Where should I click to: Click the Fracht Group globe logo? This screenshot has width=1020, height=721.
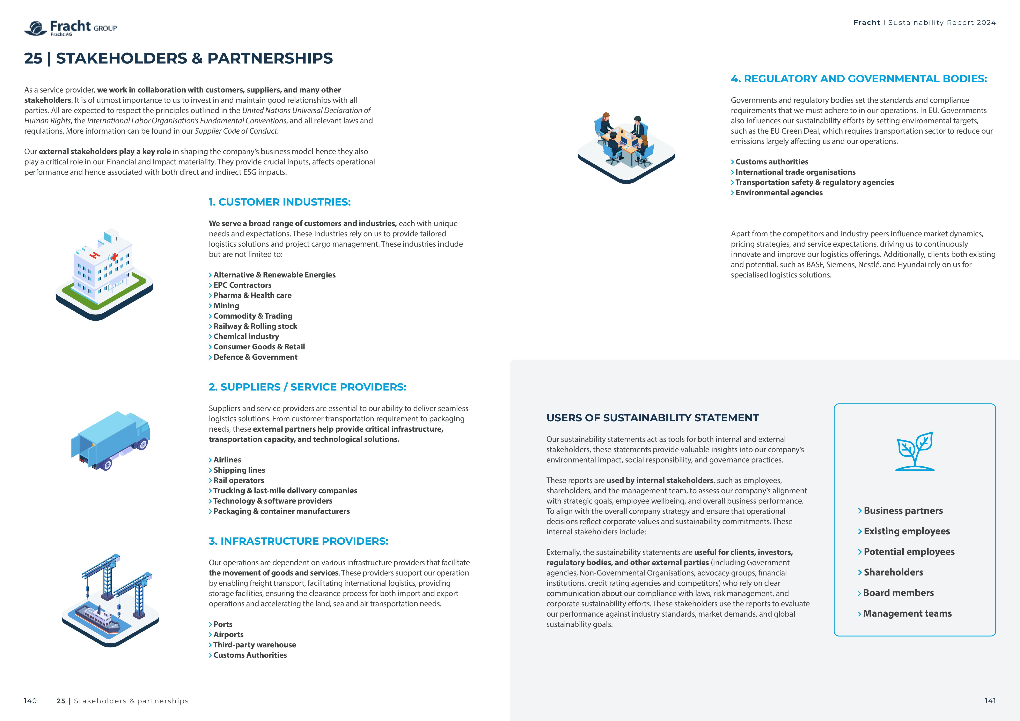point(36,28)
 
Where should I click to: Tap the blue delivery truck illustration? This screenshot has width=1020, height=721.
point(111,439)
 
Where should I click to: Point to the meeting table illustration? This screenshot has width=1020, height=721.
point(626,147)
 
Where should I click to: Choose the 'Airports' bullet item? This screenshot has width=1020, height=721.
point(228,634)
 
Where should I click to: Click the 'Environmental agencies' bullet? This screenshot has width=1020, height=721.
point(779,193)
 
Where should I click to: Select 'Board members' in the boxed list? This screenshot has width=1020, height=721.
point(898,593)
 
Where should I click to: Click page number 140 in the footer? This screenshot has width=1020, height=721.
point(30,701)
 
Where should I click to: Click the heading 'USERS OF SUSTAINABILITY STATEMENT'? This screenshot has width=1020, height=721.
point(653,418)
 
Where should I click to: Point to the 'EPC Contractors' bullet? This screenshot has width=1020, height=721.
point(242,285)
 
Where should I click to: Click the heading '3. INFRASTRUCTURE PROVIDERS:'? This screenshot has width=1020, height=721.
point(299,541)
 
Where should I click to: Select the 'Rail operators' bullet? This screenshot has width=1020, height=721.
point(239,480)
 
